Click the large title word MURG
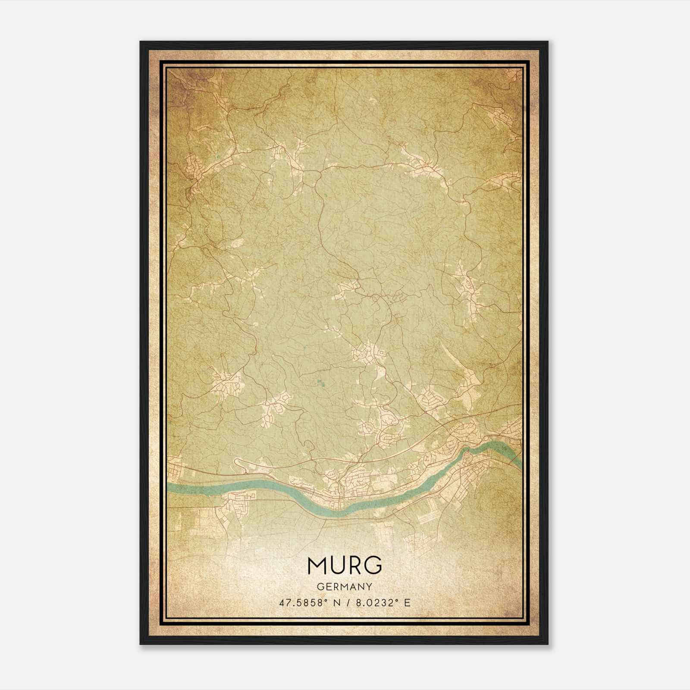tap(345, 565)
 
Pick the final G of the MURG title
tap(373, 565)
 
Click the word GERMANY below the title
tap(345, 586)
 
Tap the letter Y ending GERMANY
tap(370, 586)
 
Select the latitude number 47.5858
tap(301, 603)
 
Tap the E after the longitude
tap(407, 603)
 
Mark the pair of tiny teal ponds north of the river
tap(320, 382)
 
